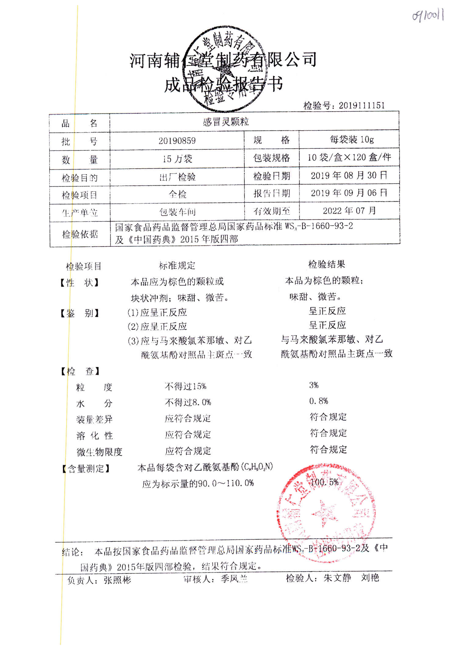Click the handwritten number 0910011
[427, 15]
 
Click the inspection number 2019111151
[362, 106]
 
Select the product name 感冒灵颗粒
[226, 122]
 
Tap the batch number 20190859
[177, 141]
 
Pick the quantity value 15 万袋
[177, 159]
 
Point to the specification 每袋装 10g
[351, 140]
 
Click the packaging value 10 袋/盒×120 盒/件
[349, 158]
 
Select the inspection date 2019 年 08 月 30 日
[349, 176]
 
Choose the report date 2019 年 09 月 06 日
[349, 193]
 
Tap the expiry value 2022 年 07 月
[349, 211]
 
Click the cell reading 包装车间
[177, 212]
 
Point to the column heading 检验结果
[326, 264]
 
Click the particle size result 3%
[314, 385]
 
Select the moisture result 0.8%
[318, 401]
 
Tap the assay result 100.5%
[324, 482]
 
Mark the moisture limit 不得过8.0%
[188, 402]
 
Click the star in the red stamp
[324, 514]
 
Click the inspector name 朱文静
[337, 578]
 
